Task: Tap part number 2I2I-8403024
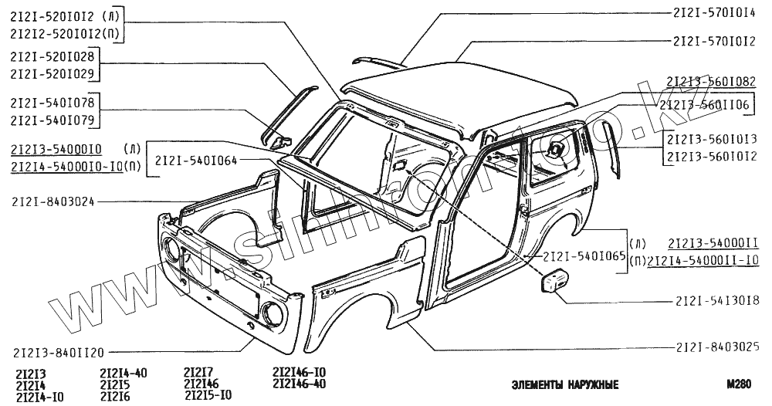pyautogui.click(x=53, y=204)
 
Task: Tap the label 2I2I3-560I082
pyautogui.click(x=710, y=81)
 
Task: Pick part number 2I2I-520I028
pyautogui.click(x=53, y=57)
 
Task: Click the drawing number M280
pyautogui.click(x=738, y=384)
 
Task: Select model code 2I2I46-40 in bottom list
pyautogui.click(x=299, y=384)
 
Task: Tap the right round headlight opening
pyautogui.click(x=272, y=313)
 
